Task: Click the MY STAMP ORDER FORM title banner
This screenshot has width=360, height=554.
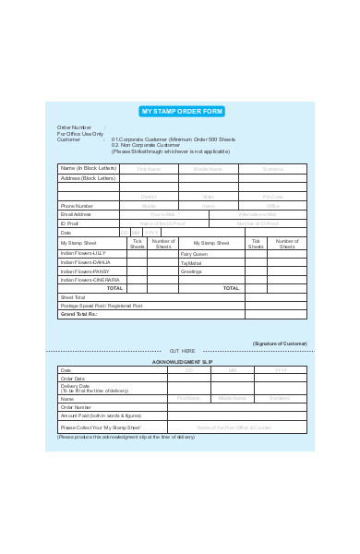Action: coord(182,112)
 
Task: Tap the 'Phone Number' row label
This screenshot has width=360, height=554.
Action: coord(77,206)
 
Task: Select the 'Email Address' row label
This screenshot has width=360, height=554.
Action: coord(78,214)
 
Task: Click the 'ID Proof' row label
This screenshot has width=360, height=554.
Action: coord(70,223)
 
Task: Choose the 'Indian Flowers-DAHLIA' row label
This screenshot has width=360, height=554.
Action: coord(86,261)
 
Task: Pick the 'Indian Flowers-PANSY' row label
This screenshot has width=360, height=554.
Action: coord(85,271)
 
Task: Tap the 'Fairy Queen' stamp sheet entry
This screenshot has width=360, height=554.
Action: coord(194,253)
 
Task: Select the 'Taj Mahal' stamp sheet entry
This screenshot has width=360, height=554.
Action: coord(191,262)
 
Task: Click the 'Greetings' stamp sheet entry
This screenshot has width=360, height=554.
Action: coord(191,271)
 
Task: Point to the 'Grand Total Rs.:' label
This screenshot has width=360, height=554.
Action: coord(79,314)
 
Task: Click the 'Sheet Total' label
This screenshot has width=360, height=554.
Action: coord(73,297)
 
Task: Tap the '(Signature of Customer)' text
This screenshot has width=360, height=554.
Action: coord(281,343)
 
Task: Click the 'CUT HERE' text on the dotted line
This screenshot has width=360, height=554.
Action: coord(182,352)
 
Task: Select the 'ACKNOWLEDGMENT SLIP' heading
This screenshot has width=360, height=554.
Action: coord(182,362)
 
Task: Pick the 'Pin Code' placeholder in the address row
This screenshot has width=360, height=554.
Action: coord(273,197)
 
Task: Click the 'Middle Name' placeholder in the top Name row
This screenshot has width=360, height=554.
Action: coord(208,169)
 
